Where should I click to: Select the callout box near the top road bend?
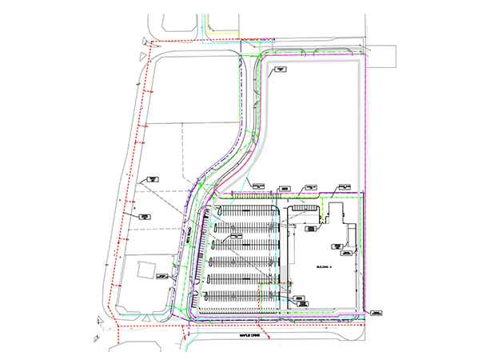point(281,70)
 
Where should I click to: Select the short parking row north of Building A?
point(305,208)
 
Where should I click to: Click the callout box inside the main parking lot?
point(237,237)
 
